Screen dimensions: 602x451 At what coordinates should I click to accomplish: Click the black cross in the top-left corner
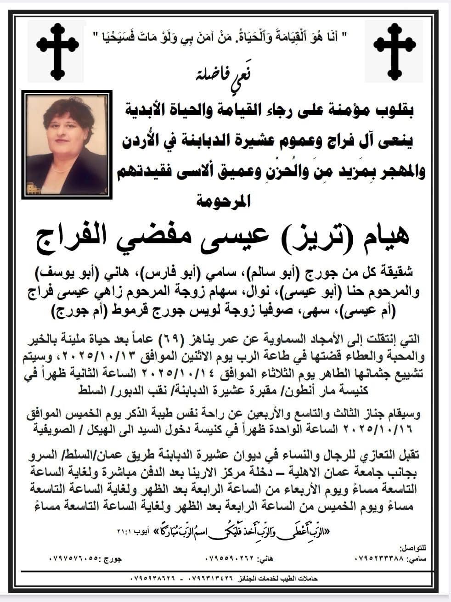57,51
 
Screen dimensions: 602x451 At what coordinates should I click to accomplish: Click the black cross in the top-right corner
395,51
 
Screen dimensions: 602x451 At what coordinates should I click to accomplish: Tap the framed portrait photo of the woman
67,144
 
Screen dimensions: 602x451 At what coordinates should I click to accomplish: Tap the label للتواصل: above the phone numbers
413,548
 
